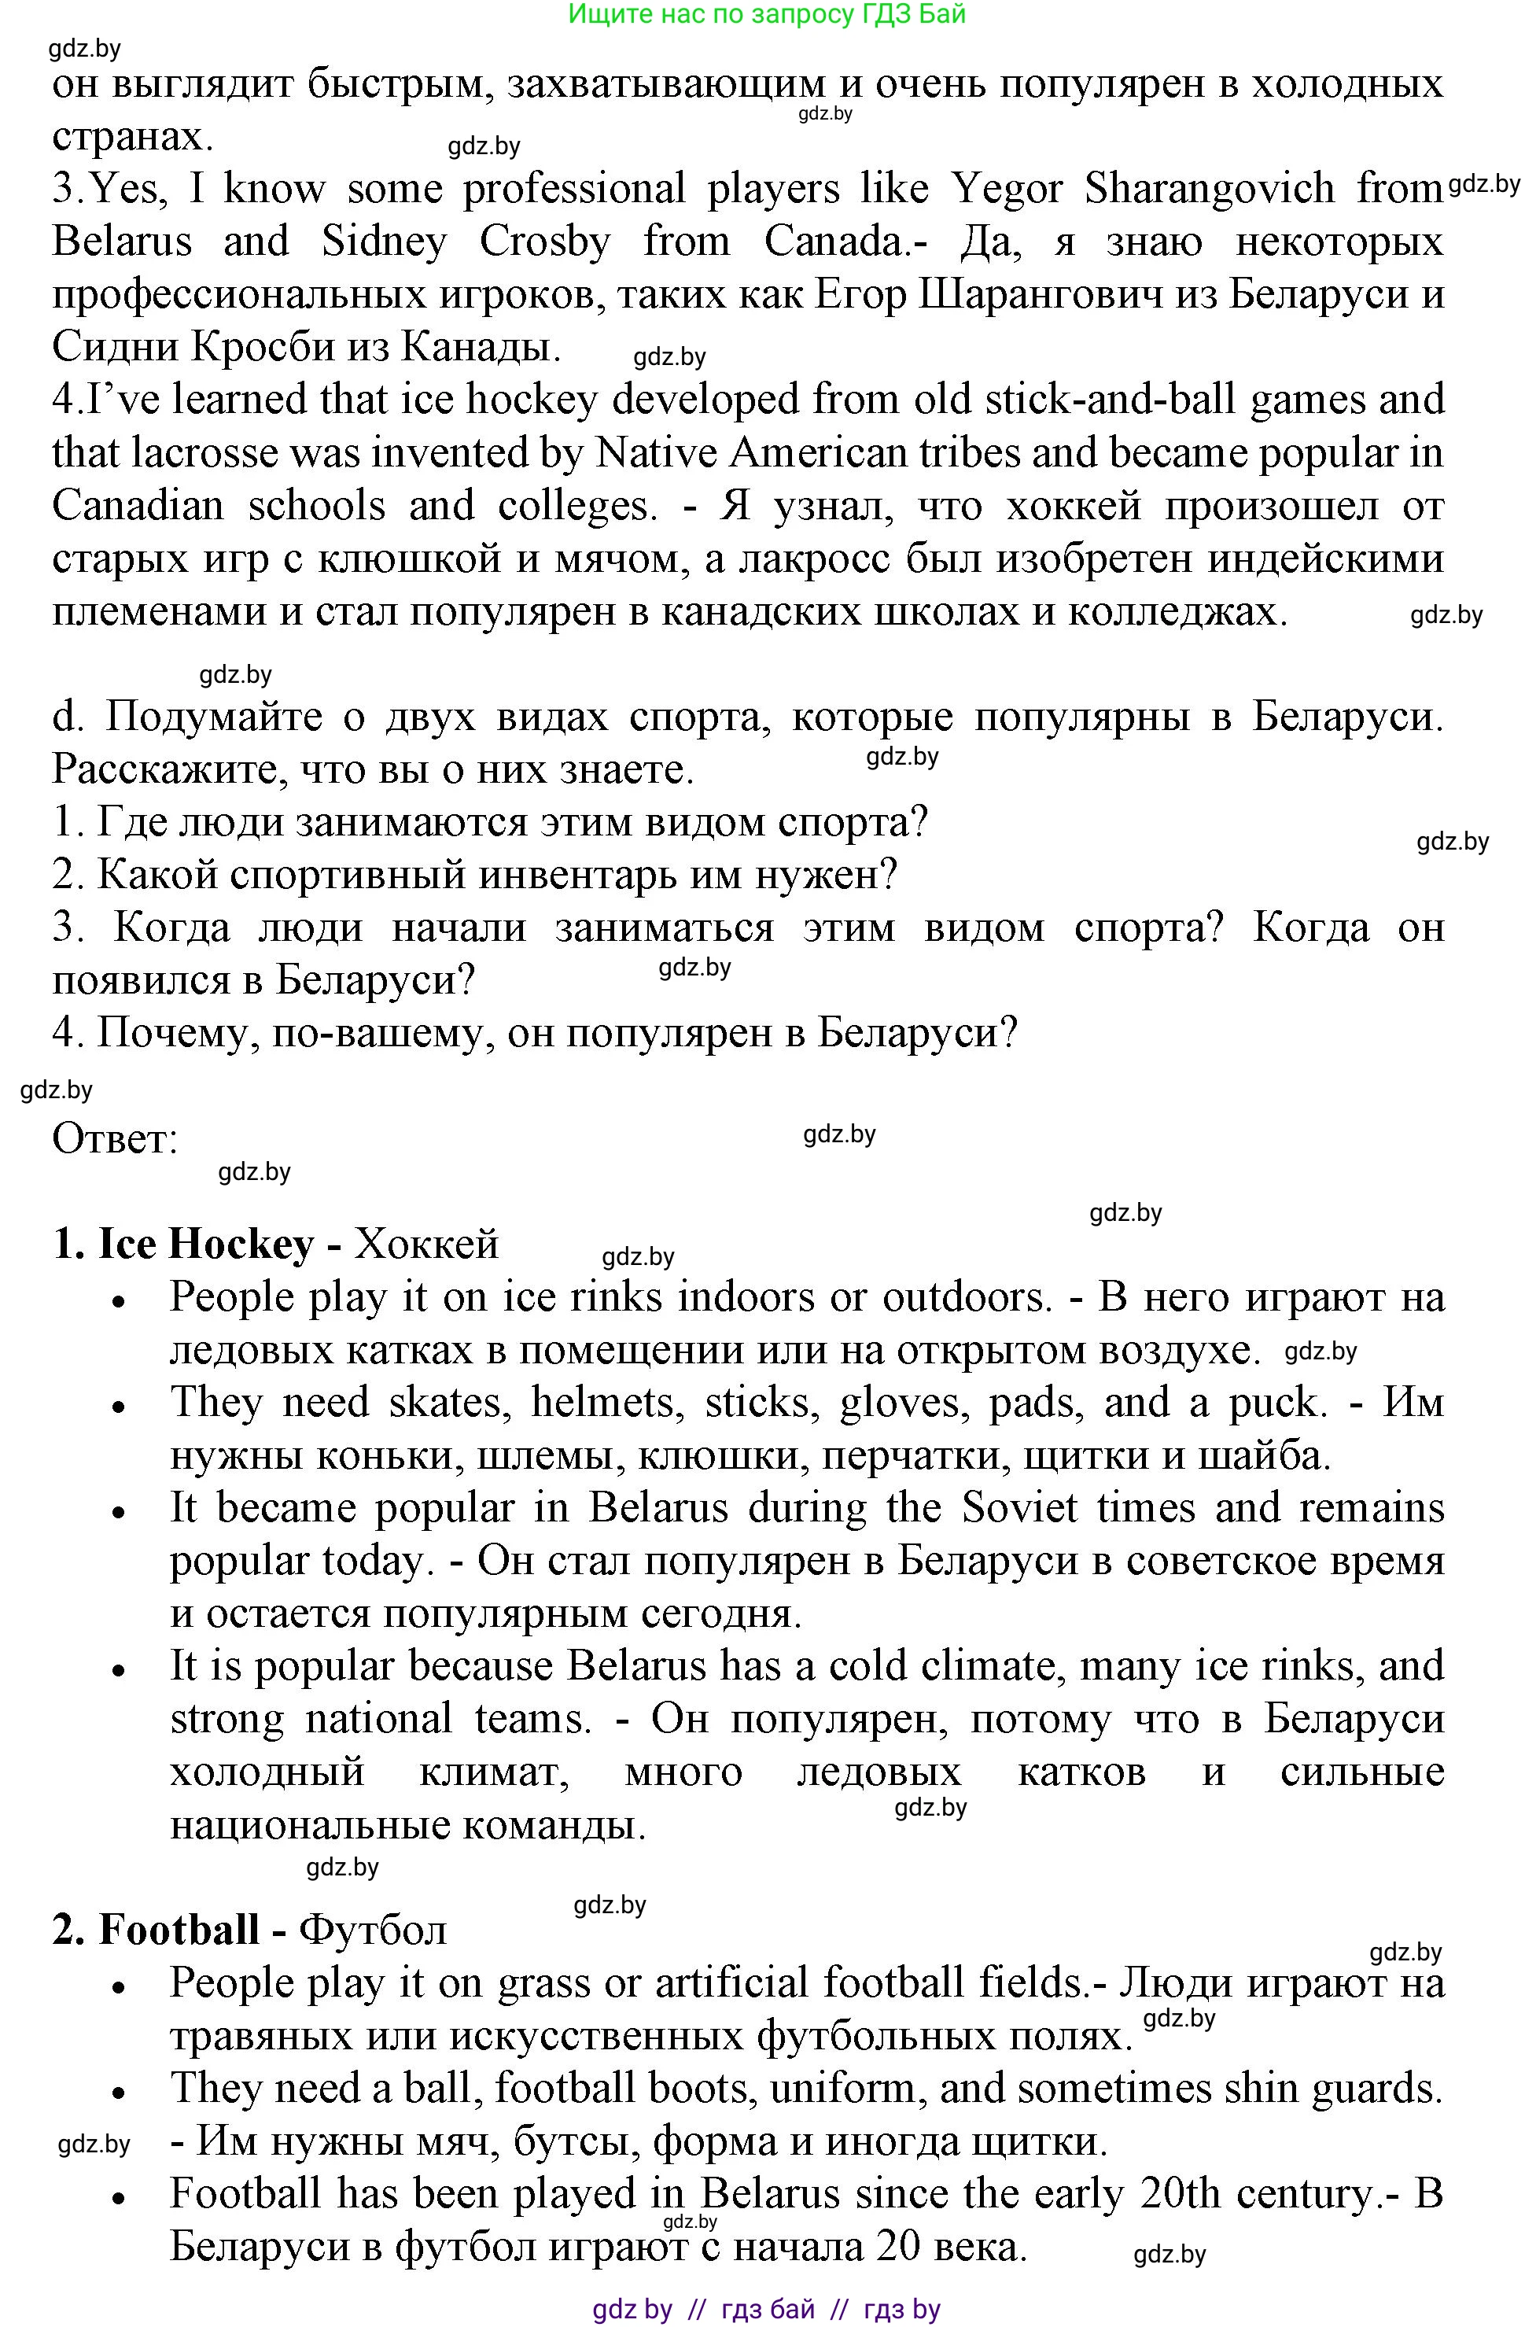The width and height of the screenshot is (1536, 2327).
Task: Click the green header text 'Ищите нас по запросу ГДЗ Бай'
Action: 767,13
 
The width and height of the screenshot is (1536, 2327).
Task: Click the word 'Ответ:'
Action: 115,1138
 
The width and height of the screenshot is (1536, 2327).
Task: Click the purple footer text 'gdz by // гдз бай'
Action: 766,2310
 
